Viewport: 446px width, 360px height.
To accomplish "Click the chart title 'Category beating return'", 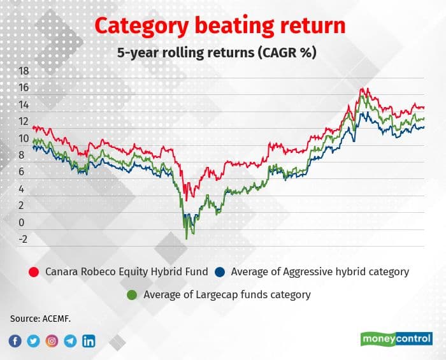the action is pos(220,25).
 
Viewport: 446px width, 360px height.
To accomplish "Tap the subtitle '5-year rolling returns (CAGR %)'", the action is pos(217,53).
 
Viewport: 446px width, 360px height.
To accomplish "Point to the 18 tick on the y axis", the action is pos(24,71).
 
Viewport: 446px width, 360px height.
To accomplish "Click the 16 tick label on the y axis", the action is pos(24,87).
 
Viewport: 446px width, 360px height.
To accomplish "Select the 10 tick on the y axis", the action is pos(24,139).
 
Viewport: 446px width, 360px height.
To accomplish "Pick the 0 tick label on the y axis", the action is pos(22,222).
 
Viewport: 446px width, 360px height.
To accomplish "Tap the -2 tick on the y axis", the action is pos(23,240).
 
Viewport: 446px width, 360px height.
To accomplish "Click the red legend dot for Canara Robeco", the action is pos(34,272).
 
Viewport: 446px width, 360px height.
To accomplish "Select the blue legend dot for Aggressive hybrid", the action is pos(220,272).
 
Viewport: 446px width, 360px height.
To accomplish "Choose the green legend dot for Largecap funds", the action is pos(132,295).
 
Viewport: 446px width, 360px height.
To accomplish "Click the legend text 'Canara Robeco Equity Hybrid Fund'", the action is pos(127,272).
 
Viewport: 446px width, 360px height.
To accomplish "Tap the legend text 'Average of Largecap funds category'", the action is pos(227,295).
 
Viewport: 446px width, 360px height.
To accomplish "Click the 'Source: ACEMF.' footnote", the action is pos(40,319).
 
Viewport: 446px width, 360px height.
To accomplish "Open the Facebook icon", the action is pos(15,341).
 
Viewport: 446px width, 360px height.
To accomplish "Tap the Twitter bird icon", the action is pos(34,341).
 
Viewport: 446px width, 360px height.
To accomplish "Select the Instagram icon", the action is pos(52,341).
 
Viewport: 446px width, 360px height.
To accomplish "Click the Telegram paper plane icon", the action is pos(70,341).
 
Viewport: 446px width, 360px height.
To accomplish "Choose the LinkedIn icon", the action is pos(89,341).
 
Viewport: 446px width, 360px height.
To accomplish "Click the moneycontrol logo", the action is pos(396,339).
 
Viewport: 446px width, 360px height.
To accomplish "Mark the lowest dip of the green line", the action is pos(187,239).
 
